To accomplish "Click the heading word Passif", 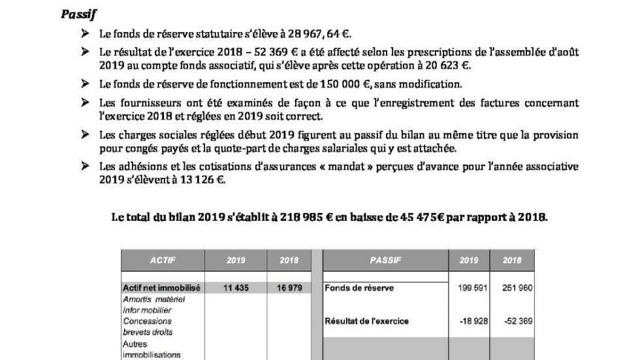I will click(75, 14).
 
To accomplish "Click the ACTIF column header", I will click(163, 260).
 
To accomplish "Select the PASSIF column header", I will click(385, 260).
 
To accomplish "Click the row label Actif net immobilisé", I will click(161, 288).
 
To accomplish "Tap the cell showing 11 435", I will click(236, 288).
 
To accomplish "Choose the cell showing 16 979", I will click(289, 288).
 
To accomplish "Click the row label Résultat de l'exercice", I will click(366, 321).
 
